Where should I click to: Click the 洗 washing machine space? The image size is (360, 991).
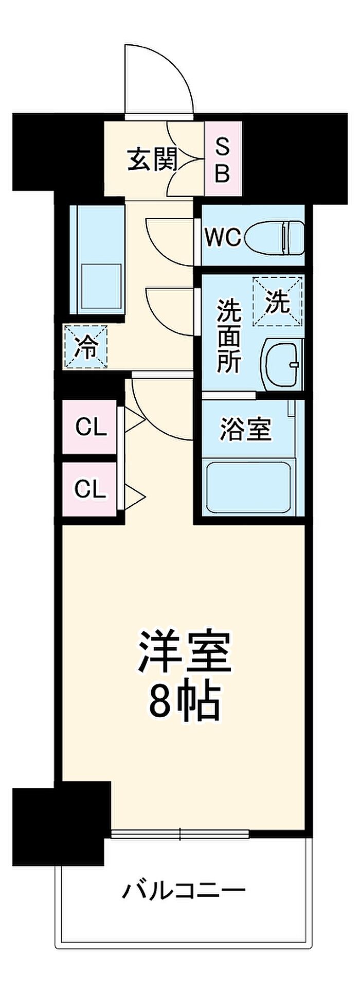278,302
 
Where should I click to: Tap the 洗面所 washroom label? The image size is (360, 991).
228,335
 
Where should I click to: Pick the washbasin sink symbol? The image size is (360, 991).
282,363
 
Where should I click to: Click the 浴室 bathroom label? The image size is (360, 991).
245,429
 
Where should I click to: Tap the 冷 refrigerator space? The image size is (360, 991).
86,346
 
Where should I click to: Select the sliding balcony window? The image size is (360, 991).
180,834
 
